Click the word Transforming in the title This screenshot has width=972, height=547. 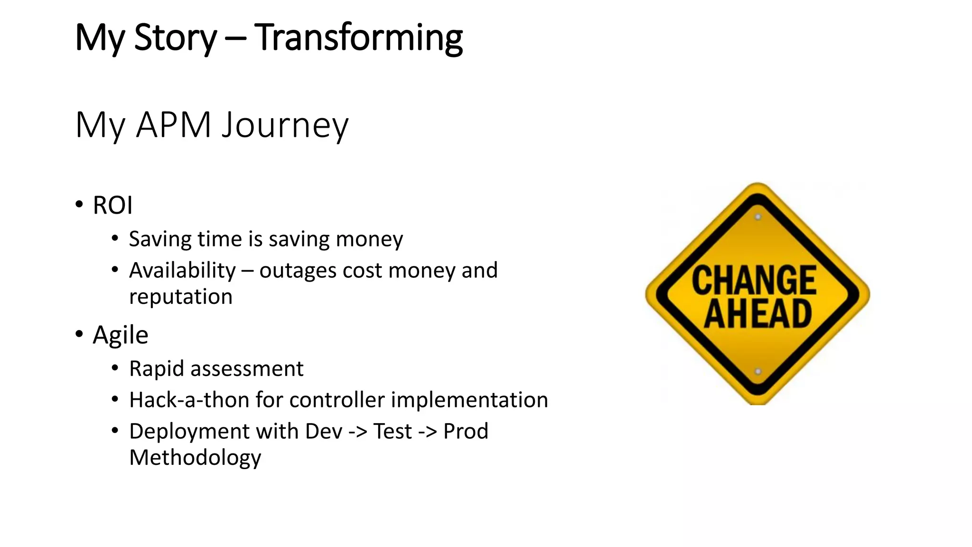click(358, 38)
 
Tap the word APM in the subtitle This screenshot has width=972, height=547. click(173, 125)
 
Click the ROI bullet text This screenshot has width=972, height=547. click(112, 206)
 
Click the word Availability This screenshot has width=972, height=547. click(182, 271)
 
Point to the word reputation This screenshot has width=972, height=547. click(181, 297)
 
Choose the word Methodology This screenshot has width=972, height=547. click(195, 458)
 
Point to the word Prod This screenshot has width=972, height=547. click(466, 431)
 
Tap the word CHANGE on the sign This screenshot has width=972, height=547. click(754, 281)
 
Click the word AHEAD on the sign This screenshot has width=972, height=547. click(757, 314)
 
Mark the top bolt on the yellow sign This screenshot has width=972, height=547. click(758, 217)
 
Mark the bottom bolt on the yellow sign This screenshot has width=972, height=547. click(758, 371)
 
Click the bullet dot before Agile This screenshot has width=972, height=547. click(79, 334)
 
